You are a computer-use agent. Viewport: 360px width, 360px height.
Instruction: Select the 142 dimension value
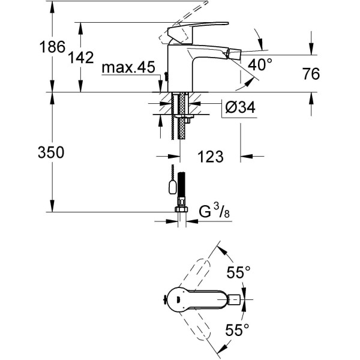[x=81, y=58]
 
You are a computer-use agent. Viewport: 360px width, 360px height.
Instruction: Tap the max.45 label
[x=128, y=68]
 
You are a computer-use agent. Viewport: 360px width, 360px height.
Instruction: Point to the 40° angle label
[x=261, y=64]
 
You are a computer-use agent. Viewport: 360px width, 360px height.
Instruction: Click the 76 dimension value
[x=310, y=74]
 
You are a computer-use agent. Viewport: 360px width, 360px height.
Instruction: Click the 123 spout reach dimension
[x=210, y=157]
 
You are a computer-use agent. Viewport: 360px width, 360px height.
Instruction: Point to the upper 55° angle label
[x=238, y=273]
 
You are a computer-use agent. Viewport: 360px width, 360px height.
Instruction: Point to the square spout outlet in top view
[x=236, y=299]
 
